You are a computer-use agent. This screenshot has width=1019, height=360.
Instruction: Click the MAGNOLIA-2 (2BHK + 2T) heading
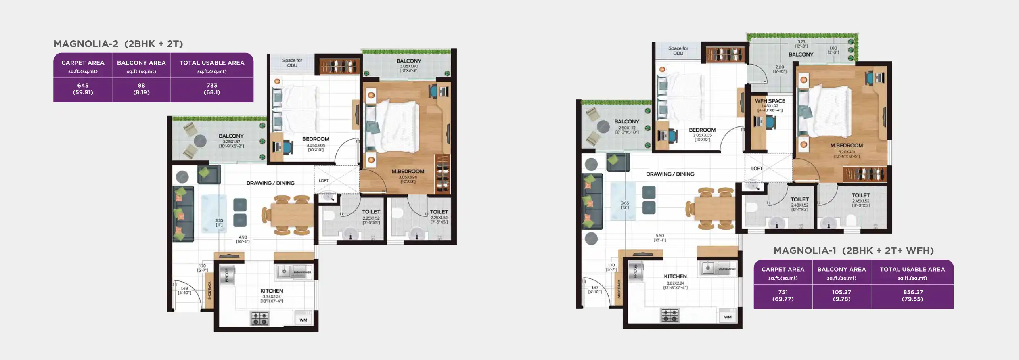118,44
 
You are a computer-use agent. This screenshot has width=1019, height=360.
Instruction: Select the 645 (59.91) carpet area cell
83,89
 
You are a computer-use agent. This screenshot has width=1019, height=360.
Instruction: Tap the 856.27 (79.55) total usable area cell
912,295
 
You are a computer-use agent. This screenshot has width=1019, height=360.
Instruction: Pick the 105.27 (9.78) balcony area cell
841,295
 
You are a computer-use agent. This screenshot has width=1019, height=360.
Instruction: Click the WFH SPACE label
770,101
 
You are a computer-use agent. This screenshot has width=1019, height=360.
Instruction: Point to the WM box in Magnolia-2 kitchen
303,320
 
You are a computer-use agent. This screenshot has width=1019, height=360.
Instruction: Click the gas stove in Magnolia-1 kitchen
670,315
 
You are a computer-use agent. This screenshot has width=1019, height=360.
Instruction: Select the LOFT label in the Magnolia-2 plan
324,180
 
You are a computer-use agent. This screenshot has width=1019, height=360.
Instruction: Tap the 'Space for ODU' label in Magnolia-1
678,51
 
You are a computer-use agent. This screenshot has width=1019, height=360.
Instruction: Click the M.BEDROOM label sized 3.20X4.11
846,145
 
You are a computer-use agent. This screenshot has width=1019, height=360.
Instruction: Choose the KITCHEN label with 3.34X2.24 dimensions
272,291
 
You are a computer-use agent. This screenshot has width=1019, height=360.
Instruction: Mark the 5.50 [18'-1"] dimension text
660,238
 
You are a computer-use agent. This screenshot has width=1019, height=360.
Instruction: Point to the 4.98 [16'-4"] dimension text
243,239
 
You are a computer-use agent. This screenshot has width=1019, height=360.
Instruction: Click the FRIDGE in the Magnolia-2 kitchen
227,275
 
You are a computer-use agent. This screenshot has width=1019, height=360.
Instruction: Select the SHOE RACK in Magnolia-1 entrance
619,289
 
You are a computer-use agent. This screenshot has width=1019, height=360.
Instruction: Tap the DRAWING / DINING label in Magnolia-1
670,174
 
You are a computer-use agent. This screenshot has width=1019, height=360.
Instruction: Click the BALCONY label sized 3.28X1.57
231,136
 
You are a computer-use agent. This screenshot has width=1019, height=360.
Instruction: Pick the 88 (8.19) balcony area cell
141,89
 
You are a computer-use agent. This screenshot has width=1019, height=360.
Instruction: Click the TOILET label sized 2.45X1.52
861,195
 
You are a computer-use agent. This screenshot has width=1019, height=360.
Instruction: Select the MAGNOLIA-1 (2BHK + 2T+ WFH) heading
854,251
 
